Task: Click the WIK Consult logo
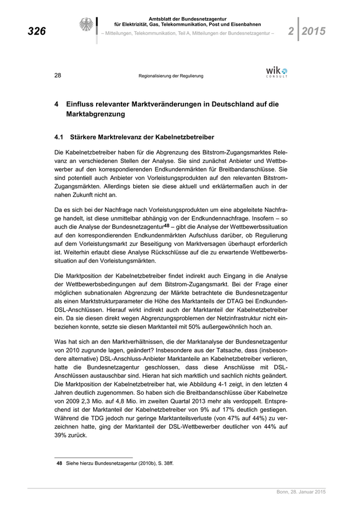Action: [277, 72]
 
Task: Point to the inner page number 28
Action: [58, 76]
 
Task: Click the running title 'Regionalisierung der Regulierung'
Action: [171, 76]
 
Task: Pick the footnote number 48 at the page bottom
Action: [59, 464]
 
